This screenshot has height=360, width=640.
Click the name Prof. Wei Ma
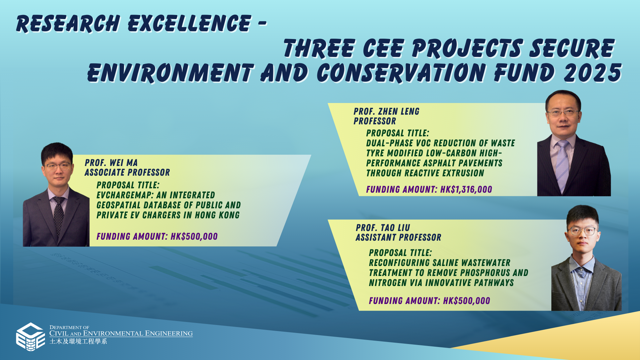[111, 163]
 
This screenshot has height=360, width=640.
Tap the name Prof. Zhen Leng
[386, 111]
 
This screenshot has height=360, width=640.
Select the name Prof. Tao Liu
[383, 228]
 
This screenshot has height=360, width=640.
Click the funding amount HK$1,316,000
[466, 189]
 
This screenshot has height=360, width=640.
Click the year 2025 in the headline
[592, 73]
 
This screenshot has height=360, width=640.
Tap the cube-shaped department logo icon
[31, 337]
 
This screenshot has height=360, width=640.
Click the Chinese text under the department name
[78, 341]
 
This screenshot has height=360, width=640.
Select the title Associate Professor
[127, 172]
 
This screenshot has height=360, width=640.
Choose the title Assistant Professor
[398, 237]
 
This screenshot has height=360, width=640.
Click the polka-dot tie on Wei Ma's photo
[59, 215]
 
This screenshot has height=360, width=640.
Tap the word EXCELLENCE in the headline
[189, 24]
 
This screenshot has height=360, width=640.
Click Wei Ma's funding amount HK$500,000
[194, 236]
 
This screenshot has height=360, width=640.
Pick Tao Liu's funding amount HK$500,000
[467, 301]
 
